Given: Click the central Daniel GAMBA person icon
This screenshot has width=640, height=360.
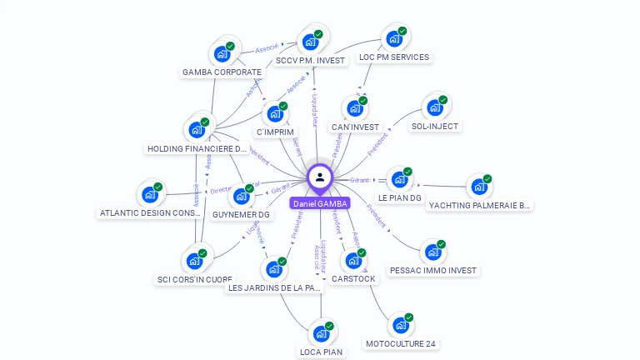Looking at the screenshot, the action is point(320,177).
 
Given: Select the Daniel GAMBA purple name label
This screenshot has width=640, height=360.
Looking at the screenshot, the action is point(320,203).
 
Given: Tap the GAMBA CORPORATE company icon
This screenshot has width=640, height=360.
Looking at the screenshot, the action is point(221,53).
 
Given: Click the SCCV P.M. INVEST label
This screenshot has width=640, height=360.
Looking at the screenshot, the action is point(310,60).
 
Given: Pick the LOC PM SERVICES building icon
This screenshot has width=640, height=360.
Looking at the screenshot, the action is point(393,38).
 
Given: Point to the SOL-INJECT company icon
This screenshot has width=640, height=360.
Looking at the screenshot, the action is point(434,107).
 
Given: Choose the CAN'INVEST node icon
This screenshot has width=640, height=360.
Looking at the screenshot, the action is point(354,108).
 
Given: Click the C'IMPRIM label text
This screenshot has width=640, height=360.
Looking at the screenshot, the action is point(274,132).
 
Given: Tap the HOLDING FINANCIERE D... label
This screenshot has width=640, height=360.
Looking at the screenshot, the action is point(197,148).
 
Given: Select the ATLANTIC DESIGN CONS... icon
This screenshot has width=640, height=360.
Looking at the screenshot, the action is point(150,194).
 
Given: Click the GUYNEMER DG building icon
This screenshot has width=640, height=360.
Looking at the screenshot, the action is point(241,197).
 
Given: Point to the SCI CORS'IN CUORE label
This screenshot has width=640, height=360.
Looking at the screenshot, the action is point(195,279).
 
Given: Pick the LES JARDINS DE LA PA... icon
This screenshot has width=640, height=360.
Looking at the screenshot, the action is point(273,269).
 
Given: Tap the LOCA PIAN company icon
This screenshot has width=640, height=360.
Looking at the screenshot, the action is point(321,333).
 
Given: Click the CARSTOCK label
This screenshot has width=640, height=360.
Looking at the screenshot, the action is point(353,278).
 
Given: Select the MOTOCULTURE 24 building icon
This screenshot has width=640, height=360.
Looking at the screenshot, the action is point(401,325).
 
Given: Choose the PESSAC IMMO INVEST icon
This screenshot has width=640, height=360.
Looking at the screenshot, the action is point(432,252).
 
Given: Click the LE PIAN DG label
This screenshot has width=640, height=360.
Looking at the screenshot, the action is point(400,198).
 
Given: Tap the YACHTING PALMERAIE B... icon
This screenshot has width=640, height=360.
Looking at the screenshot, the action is point(479,187).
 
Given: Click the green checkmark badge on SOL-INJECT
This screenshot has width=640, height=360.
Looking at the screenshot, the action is point(443,100).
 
